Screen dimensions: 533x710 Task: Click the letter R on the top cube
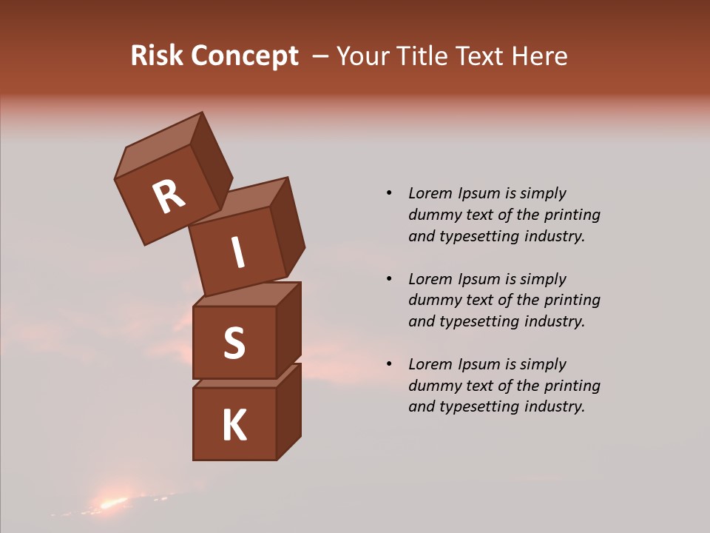point(169,197)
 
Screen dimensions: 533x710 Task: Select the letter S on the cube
point(234,343)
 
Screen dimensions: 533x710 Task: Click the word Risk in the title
point(157,56)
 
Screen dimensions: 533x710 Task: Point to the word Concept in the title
point(246,56)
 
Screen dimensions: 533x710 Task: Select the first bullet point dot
point(389,194)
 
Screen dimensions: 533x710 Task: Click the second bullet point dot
point(389,279)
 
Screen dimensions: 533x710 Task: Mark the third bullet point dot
point(389,364)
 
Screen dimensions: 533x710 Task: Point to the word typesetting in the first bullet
point(479,237)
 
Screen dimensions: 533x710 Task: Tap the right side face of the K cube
point(288,412)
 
